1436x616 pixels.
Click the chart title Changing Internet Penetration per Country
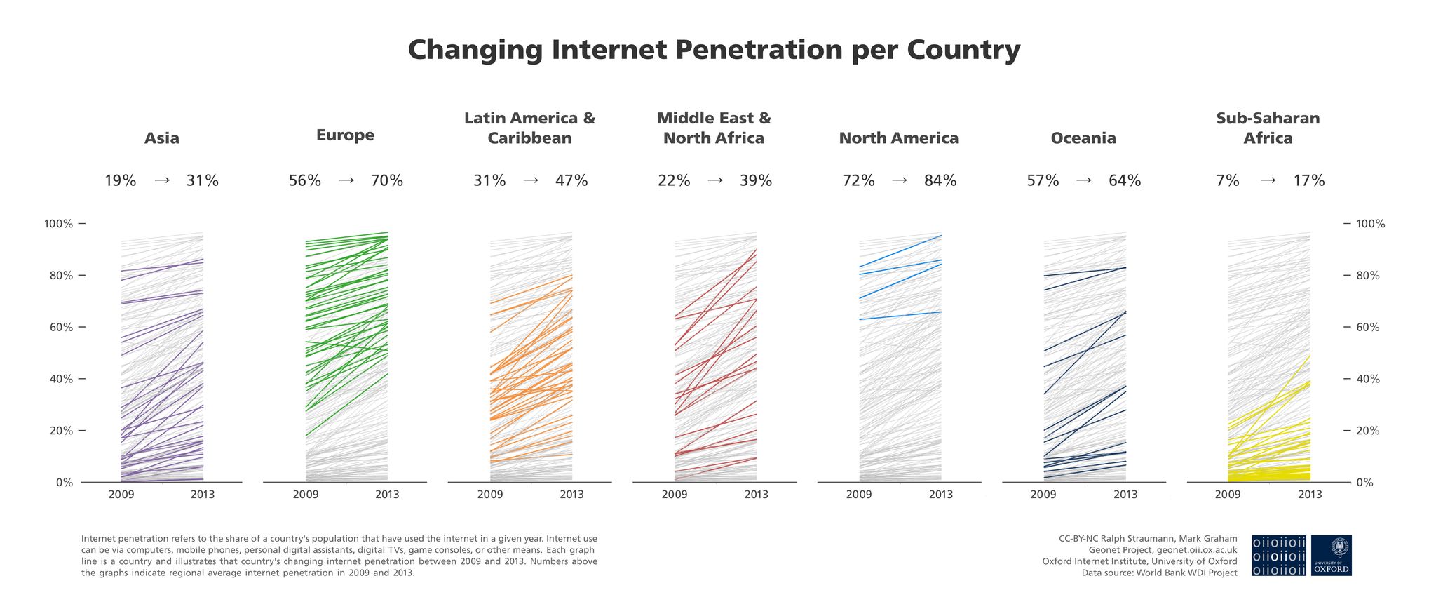point(714,50)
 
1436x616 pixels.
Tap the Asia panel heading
point(162,138)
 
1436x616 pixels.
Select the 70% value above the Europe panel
point(387,180)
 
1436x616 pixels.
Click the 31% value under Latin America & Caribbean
point(489,180)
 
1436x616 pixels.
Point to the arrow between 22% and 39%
point(714,180)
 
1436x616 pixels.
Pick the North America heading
point(898,138)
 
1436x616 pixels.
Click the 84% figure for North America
point(940,180)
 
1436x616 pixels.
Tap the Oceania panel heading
point(1083,138)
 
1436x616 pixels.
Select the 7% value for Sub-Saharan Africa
point(1228,180)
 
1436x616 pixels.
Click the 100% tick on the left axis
point(59,224)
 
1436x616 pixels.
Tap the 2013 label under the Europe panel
point(387,495)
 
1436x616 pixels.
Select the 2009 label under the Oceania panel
point(1043,495)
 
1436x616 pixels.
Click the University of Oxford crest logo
point(1331,556)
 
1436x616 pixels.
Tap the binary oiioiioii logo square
point(1279,556)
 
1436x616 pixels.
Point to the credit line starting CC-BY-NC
point(1148,539)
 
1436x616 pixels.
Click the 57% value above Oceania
point(1043,180)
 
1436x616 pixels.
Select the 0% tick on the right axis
point(1364,483)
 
